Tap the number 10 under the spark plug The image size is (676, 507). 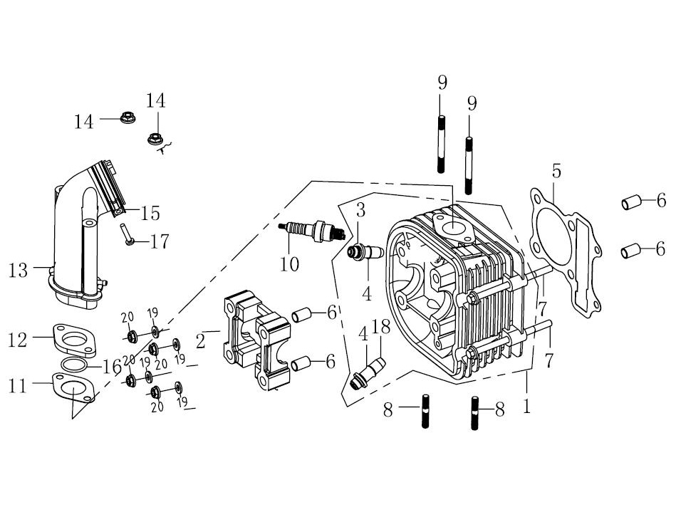[x=289, y=265]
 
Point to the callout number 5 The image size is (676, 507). [x=556, y=171]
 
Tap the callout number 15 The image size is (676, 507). [x=150, y=213]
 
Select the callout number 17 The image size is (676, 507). [x=159, y=242]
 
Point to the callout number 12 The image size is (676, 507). [x=18, y=340]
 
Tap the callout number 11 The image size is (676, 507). [x=18, y=385]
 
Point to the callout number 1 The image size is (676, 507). [x=526, y=408]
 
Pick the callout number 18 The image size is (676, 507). [x=381, y=327]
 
